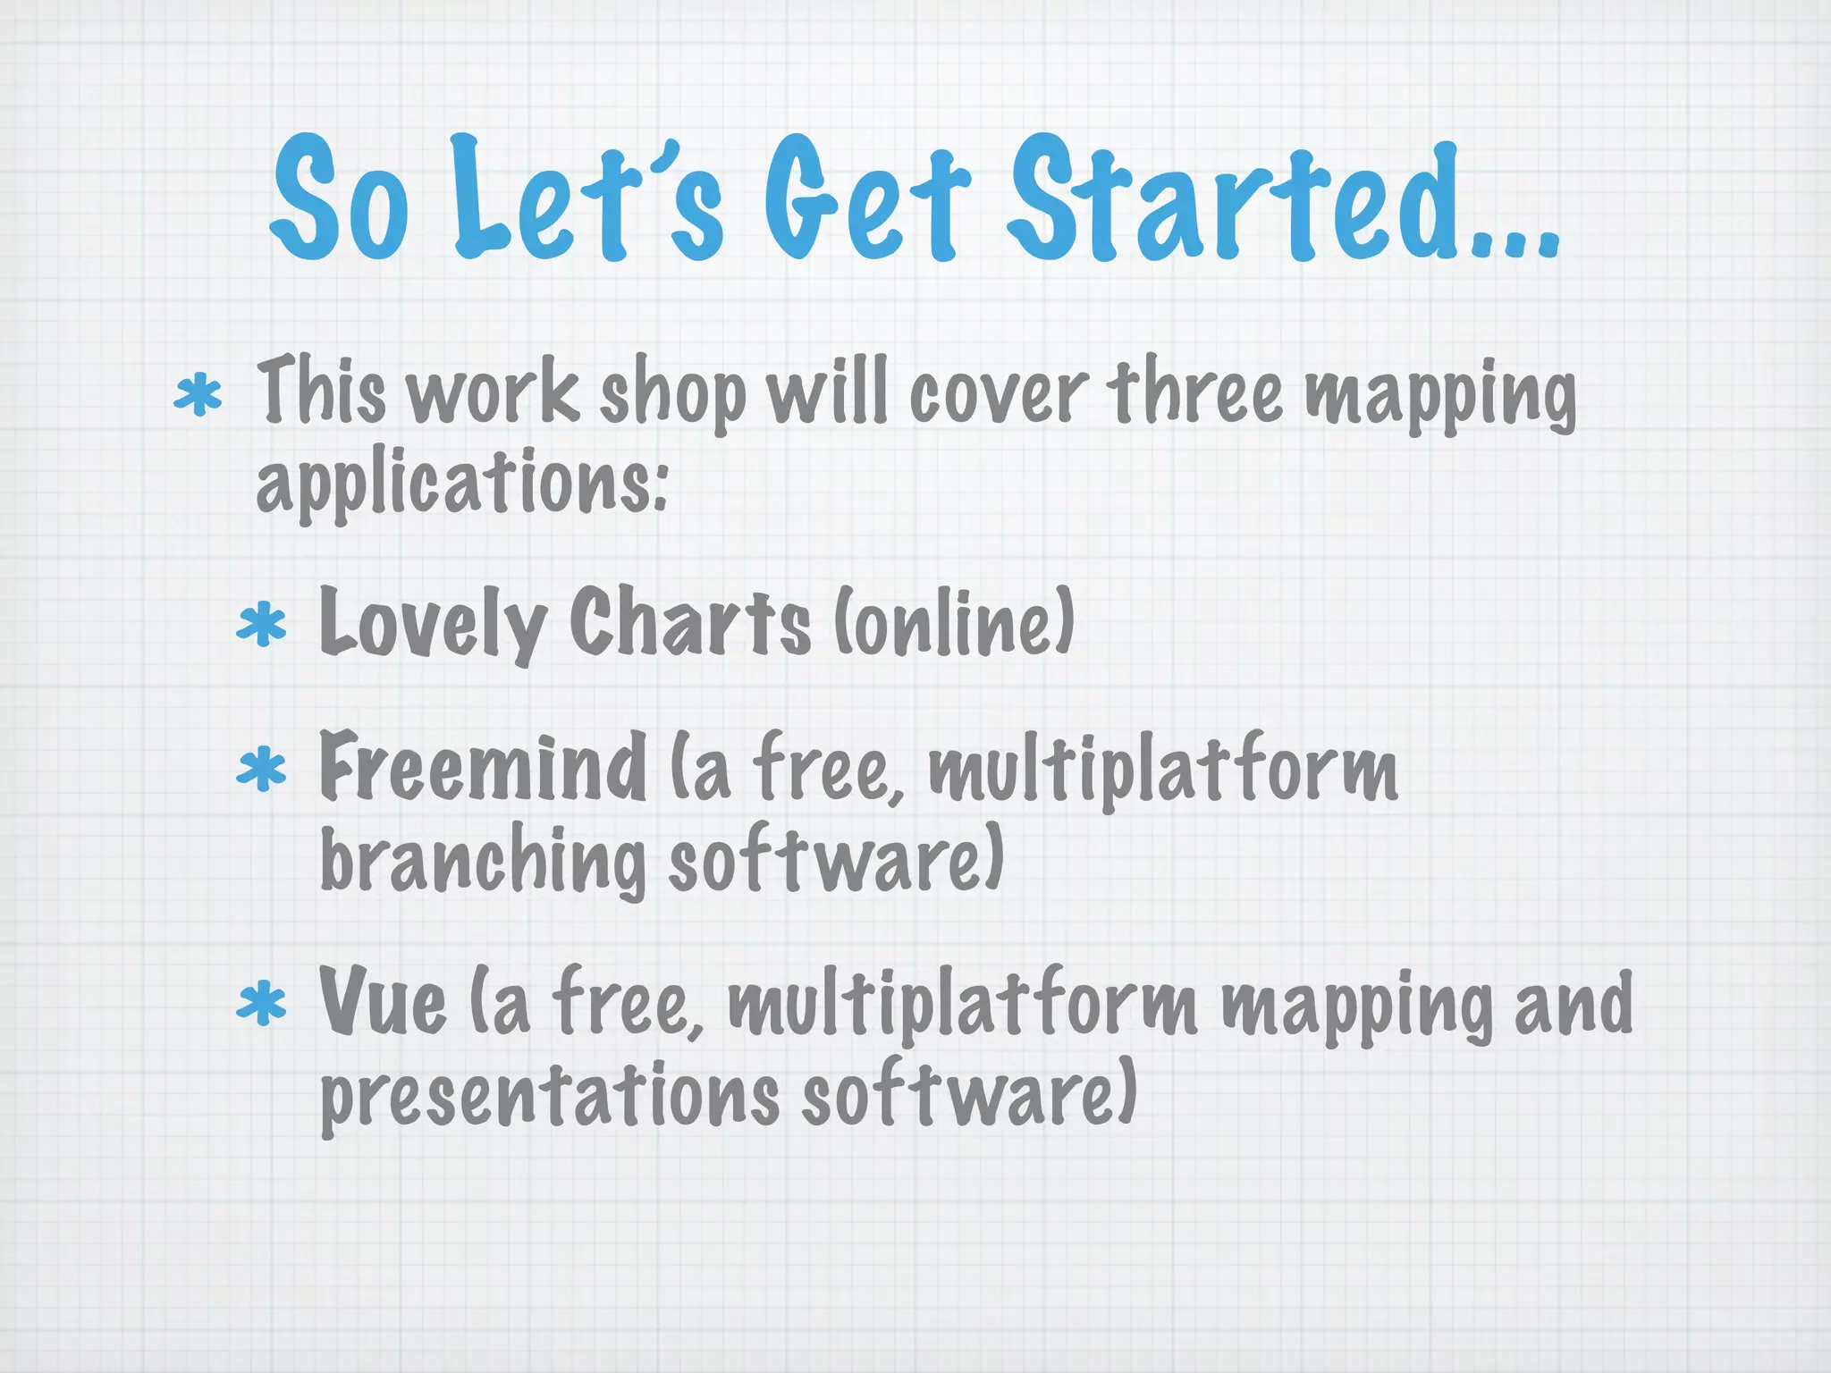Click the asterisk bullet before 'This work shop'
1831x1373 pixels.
pos(198,396)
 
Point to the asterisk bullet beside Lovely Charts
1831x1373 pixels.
pos(261,625)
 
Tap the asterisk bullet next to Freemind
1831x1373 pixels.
pos(261,770)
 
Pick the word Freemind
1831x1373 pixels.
pos(483,766)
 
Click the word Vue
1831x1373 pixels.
pos(382,1002)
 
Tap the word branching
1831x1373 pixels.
pos(483,860)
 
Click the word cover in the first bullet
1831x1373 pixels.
pos(998,393)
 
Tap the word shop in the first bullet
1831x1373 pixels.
pos(672,393)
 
